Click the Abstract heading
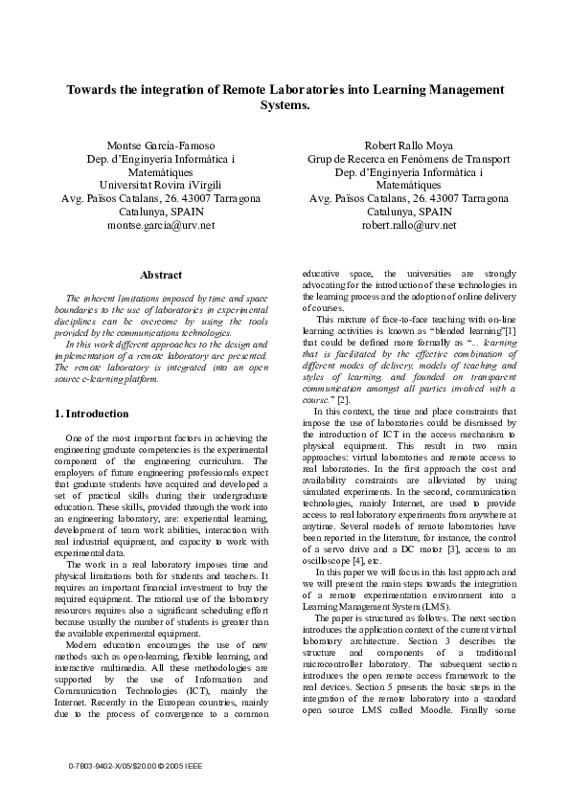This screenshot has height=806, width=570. [x=161, y=275]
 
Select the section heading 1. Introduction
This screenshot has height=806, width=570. [x=92, y=414]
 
